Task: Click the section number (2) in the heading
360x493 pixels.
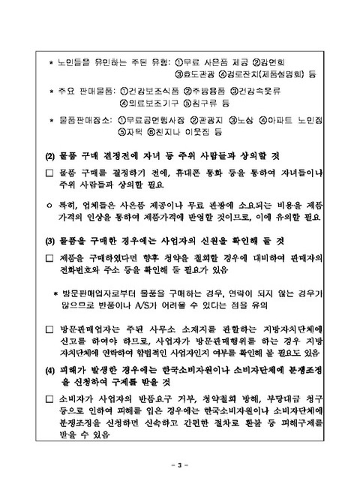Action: coord(52,156)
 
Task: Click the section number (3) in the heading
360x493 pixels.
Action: coord(52,242)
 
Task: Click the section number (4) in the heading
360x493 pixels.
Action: coord(52,370)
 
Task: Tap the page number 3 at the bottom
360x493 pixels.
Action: coord(180,466)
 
